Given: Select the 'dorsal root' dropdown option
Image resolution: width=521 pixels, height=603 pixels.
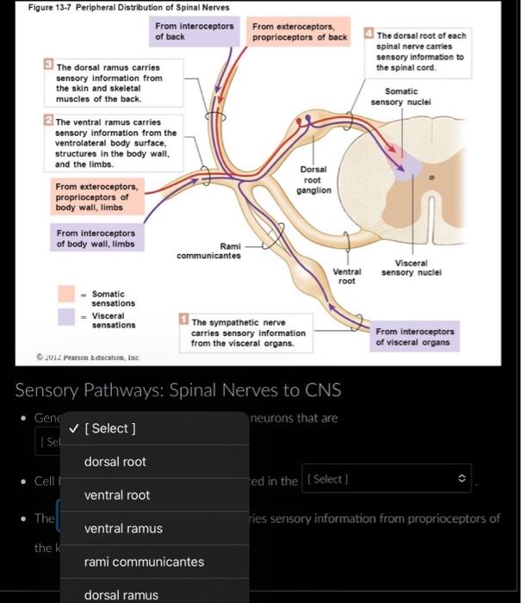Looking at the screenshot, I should click(115, 462).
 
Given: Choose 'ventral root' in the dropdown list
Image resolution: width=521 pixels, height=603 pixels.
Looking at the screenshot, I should click(117, 495).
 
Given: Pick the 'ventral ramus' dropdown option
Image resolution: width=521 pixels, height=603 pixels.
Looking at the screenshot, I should click(123, 528).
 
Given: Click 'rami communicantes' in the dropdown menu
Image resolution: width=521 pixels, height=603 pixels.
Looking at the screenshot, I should click(144, 562).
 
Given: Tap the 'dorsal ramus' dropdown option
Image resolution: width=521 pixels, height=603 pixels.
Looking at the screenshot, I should click(121, 594).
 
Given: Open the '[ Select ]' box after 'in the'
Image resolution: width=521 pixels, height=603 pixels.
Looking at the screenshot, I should click(388, 479).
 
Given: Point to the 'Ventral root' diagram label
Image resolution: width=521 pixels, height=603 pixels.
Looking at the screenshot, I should click(347, 276).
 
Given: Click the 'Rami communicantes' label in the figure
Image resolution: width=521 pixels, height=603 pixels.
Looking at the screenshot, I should click(208, 251).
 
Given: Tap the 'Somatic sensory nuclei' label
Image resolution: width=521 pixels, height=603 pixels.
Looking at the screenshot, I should click(401, 96).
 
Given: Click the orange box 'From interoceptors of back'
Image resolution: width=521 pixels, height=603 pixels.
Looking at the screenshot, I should click(194, 32).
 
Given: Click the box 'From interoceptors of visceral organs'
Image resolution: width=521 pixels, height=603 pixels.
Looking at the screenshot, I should click(415, 337).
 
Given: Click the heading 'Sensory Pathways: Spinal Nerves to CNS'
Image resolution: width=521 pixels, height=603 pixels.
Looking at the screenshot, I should click(178, 390).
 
